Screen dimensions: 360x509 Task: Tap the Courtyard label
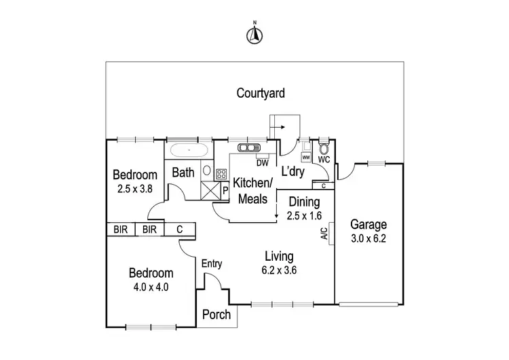[261, 93]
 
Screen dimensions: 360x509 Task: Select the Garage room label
[369, 224]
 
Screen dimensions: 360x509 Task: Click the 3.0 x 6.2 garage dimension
[369, 238]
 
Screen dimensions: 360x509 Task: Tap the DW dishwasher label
[262, 162]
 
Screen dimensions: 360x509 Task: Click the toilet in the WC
[324, 149]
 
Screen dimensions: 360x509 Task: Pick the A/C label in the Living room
[324, 234]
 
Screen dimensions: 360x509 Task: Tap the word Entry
[212, 264]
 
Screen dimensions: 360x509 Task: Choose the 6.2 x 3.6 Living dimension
[280, 270]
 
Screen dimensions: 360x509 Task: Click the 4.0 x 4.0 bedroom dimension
[151, 287]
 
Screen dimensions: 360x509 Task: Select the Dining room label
[304, 202]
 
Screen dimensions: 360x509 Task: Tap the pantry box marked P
[225, 190]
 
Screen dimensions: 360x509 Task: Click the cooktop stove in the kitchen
[221, 174]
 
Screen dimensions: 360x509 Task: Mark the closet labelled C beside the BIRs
[180, 230]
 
